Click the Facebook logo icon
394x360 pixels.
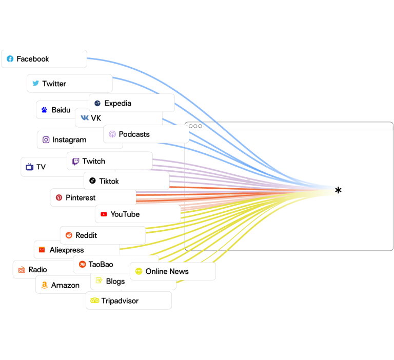[10, 59]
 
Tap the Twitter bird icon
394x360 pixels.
[36, 83]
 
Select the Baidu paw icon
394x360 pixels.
[44, 110]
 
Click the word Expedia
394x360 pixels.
[118, 103]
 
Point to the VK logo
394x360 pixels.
[85, 117]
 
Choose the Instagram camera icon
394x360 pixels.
[46, 139]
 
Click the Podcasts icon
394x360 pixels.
[112, 134]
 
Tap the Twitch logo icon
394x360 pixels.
[75, 162]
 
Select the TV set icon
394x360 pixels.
[30, 167]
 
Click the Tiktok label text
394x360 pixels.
[109, 181]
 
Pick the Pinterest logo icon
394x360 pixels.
[59, 197]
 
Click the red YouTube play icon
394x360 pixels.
[104, 214]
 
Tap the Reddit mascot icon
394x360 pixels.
[69, 235]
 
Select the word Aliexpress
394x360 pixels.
[67, 250]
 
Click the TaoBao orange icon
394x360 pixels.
[83, 264]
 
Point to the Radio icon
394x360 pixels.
[22, 270]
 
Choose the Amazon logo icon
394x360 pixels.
[45, 285]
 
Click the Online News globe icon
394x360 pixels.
[139, 271]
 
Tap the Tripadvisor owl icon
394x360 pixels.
[95, 301]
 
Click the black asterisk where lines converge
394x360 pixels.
[338, 190]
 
